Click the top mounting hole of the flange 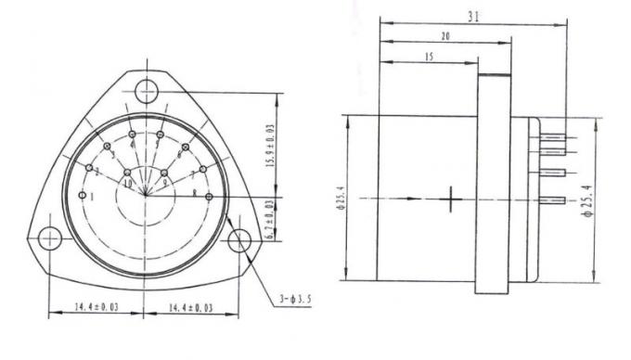[x=146, y=91]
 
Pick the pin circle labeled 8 [x=210, y=197]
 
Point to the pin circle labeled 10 [x=127, y=174]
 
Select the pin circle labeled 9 [x=165, y=174]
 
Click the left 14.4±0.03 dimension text [x=97, y=305]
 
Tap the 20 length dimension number [x=444, y=36]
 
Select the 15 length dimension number [x=429, y=57]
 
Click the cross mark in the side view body [x=452, y=199]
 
